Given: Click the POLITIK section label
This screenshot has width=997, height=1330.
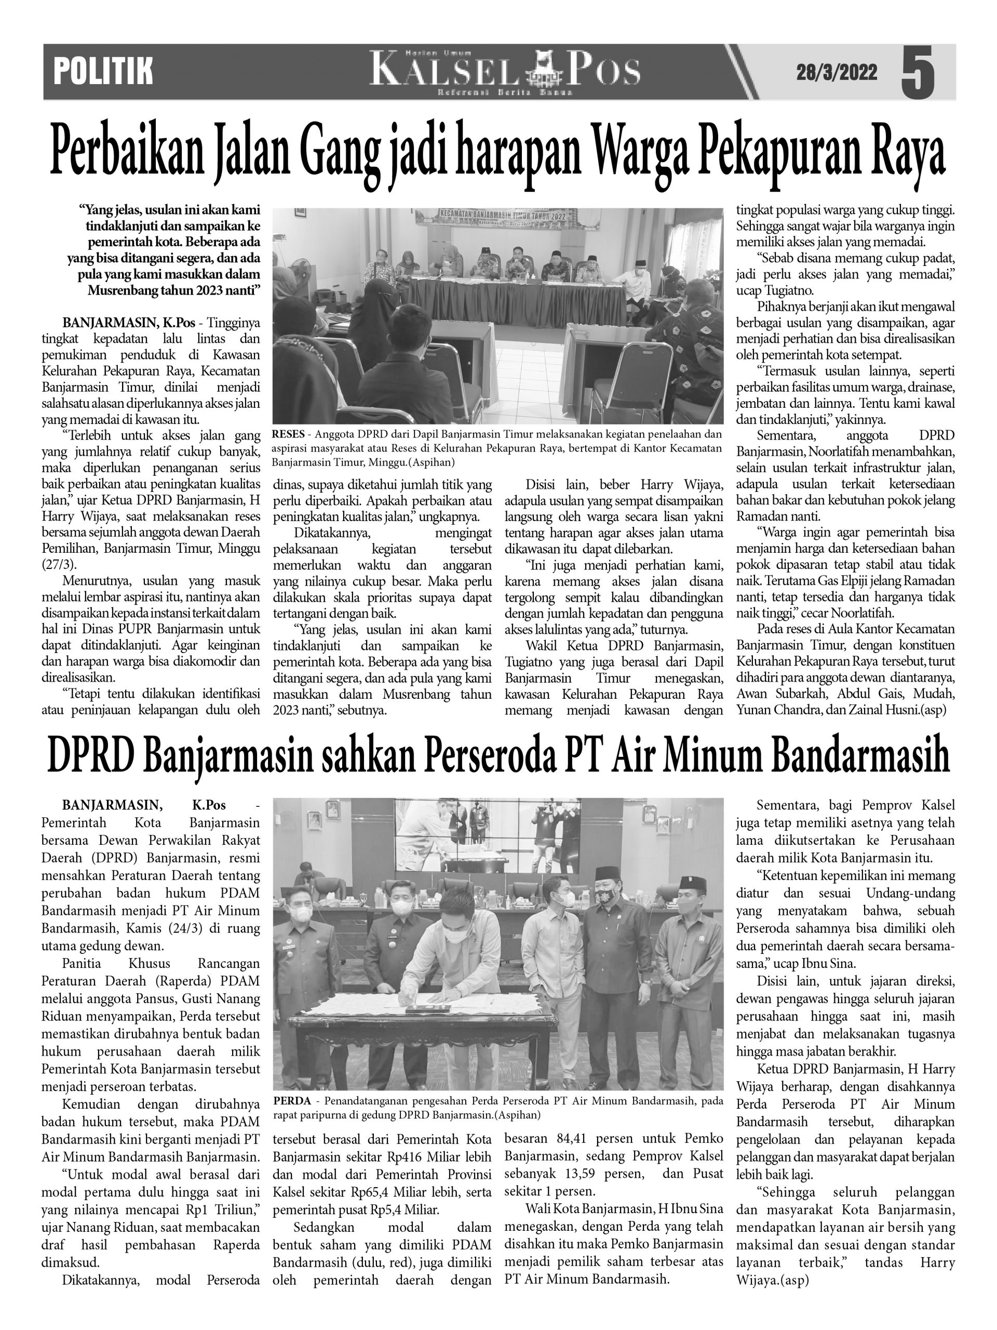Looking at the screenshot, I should (x=103, y=72).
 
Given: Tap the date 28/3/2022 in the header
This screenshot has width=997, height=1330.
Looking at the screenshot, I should (x=837, y=73).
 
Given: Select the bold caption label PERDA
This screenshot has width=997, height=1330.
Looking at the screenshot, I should (x=291, y=1101).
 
